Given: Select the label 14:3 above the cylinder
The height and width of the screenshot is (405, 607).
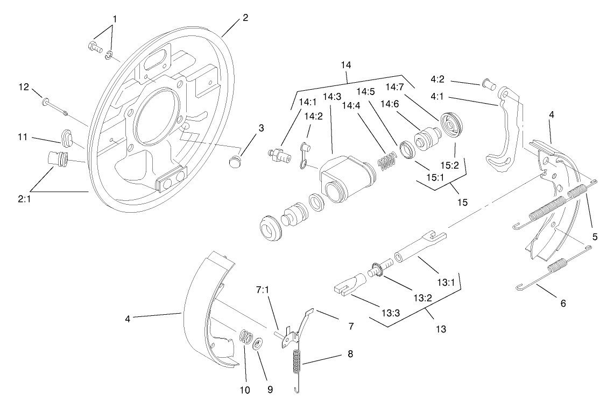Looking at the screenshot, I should tap(332, 97).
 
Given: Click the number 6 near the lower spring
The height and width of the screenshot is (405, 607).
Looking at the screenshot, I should tap(563, 303).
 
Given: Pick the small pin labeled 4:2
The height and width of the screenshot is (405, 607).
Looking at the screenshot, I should tap(488, 83).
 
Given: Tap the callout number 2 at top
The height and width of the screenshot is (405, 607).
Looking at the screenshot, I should tap(245, 17).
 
